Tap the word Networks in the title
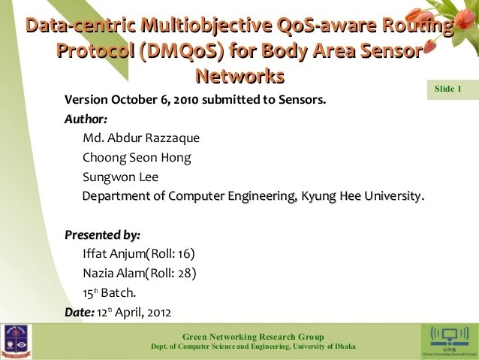pyautogui.click(x=239, y=76)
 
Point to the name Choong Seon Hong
pyautogui.click(x=137, y=157)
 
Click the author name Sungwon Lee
pyautogui.click(x=120, y=177)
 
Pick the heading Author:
pyautogui.click(x=86, y=119)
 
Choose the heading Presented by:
pyautogui.click(x=102, y=234)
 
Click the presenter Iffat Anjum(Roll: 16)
pyautogui.click(x=139, y=254)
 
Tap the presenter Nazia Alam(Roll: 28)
pyautogui.click(x=140, y=273)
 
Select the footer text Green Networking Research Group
pyautogui.click(x=253, y=336)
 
